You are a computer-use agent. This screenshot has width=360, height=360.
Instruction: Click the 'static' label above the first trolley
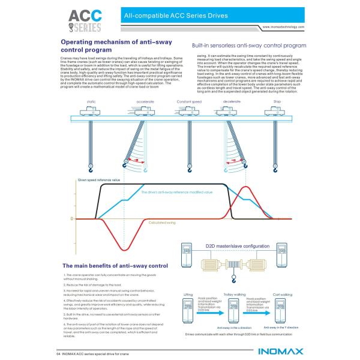91,101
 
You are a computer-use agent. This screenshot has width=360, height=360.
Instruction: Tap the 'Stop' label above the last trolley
277,101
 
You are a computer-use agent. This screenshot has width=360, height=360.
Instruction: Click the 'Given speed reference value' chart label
99,179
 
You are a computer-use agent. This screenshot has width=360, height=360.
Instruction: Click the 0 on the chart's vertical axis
72,218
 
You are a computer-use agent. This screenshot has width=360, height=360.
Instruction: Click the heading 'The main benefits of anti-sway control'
115,265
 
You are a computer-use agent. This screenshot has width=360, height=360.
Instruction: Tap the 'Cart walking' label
282,294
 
